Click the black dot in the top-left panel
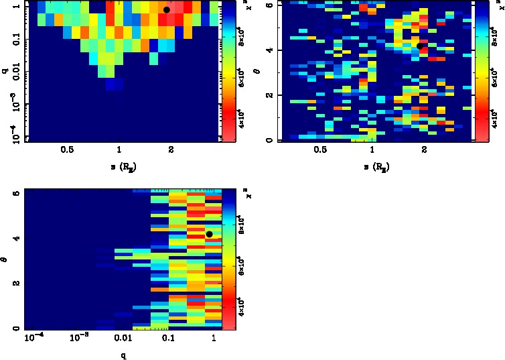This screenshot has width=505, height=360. coord(167,10)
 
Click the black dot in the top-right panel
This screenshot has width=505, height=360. coord(420,46)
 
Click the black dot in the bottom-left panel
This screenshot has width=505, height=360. coord(210,234)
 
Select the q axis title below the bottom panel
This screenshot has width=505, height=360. coord(123,355)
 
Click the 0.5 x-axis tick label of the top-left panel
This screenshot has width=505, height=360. coord(68,151)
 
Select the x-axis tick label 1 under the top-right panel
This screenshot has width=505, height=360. coord(373,151)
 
